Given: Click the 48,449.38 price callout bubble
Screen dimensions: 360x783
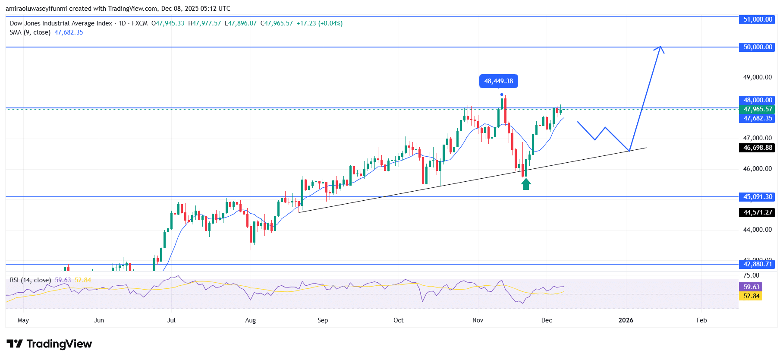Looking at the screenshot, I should tap(498, 81).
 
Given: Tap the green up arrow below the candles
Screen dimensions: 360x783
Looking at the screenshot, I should tap(525, 184).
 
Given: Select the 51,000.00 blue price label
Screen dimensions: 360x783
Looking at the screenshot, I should tap(758, 19).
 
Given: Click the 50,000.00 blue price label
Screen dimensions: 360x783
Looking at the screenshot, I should tap(758, 47).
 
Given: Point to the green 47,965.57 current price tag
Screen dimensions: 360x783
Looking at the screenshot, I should tap(758, 109).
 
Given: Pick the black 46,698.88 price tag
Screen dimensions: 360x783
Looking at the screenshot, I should tap(758, 148).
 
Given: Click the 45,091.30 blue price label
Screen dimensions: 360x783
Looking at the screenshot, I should tap(758, 197).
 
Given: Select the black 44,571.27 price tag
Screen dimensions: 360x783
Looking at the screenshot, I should tap(758, 212).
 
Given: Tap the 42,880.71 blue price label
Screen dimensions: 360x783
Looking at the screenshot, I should tap(758, 264).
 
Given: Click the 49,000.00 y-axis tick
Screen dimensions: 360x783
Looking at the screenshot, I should tap(757, 77).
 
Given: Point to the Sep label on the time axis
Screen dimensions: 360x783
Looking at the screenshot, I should tap(323, 320).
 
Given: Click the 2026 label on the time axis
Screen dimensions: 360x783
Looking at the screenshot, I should tap(626, 320).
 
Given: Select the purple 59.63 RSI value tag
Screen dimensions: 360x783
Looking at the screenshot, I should tap(751, 287).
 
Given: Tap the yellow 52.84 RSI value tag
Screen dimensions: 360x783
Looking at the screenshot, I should tap(751, 296).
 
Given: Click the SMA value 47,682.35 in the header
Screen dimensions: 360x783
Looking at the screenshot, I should tap(69, 32).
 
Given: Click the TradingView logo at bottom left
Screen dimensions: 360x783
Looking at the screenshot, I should tap(49, 344).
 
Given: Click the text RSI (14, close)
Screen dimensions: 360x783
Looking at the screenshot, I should tap(30, 280).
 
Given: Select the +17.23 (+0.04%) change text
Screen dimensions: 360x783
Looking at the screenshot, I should tap(319, 23).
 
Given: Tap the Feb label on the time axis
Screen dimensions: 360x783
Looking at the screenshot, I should tap(701, 320).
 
